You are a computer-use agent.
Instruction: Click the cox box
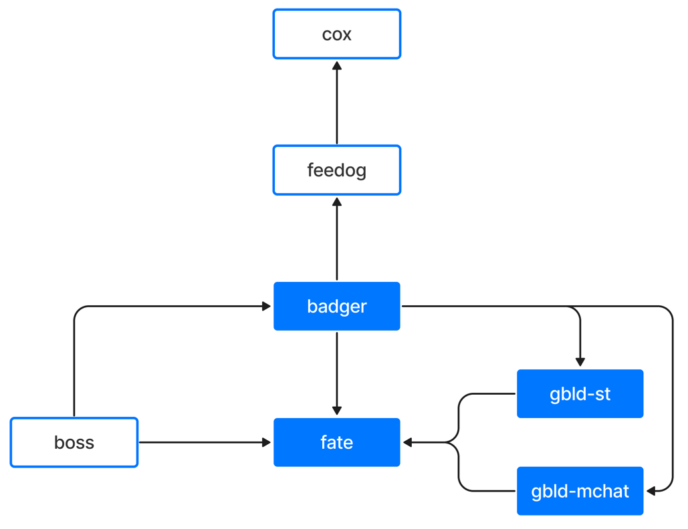(336, 34)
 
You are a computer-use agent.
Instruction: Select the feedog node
(336, 170)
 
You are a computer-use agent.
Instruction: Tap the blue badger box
(336, 306)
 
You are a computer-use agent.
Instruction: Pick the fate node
(336, 442)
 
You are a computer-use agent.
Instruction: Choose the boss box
(74, 442)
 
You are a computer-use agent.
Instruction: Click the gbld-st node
(580, 393)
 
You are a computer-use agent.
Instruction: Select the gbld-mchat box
(580, 491)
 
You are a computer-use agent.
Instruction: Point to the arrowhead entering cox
(337, 65)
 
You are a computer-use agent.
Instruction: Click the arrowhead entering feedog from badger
(337, 202)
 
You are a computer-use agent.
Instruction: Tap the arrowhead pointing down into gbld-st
(580, 362)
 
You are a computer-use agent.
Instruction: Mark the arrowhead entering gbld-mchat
(651, 491)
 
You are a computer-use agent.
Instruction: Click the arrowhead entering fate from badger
(337, 411)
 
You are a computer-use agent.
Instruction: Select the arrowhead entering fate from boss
(266, 442)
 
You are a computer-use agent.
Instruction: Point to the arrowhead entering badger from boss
(266, 306)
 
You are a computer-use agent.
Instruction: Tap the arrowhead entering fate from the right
(408, 442)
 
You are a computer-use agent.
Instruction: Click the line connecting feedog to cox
(337, 103)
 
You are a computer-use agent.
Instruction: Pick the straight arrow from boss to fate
(205, 442)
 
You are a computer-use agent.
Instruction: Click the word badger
(336, 307)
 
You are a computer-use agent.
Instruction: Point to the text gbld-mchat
(580, 492)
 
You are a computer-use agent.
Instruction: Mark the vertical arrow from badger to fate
(337, 373)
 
